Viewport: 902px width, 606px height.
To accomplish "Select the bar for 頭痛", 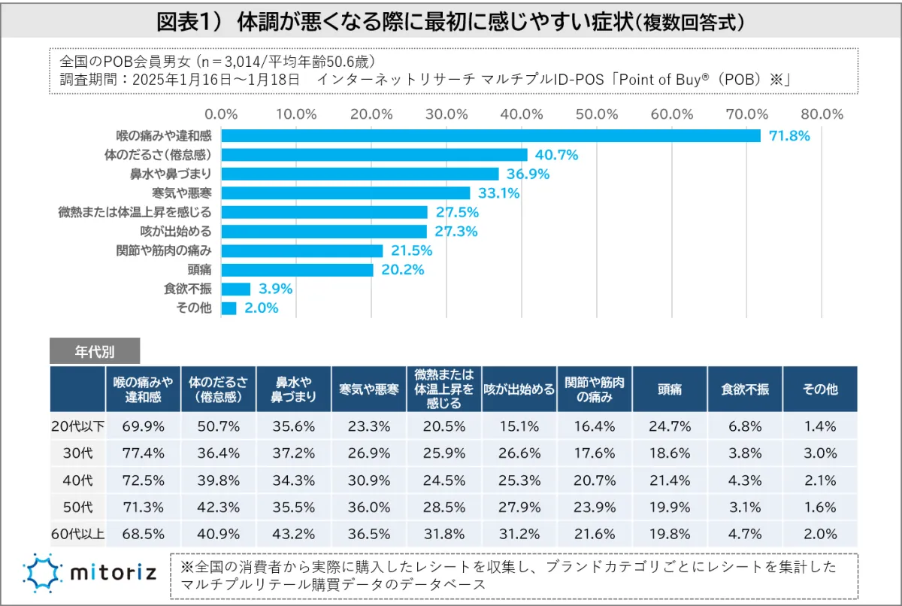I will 298,269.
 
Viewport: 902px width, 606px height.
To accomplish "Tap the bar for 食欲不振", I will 236,289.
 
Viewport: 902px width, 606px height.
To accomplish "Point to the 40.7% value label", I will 556,155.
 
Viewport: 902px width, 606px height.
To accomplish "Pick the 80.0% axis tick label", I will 822,114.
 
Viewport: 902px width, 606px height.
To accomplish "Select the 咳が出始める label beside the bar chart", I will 176,232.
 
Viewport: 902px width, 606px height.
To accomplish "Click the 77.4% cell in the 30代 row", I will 143,453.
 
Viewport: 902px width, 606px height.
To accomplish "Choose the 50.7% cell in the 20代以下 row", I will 218,426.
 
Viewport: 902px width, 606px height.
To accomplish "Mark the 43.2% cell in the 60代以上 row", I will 293,535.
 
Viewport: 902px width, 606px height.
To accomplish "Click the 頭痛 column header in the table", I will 670,389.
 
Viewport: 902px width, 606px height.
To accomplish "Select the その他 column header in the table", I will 819,389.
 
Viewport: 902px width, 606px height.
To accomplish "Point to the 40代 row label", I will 78,480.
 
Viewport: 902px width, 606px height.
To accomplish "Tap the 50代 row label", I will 78,508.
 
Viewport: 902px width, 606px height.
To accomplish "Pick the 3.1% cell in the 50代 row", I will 744,508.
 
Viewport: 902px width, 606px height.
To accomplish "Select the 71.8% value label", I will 788,136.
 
